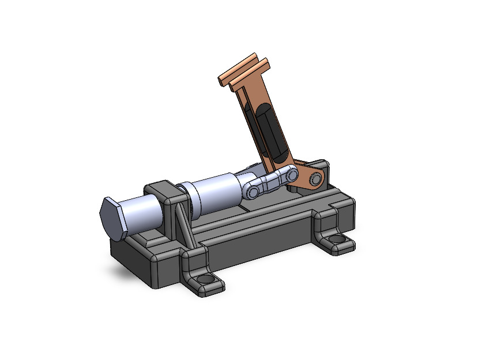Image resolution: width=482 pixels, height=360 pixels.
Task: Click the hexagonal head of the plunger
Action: tap(112, 219)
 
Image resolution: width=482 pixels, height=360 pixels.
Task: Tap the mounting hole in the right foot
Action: tap(335, 239)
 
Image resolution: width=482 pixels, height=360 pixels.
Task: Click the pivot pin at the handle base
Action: tap(315, 178)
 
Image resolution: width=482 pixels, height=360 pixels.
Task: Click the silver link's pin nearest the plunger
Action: tap(254, 190)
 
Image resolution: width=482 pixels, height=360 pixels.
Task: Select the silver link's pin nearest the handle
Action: tap(292, 174)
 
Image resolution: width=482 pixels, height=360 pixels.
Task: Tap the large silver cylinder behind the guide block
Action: tap(214, 193)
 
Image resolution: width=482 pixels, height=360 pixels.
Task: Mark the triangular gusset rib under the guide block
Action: tap(183, 228)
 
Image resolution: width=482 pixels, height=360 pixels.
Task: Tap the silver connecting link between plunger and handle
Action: tap(273, 181)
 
